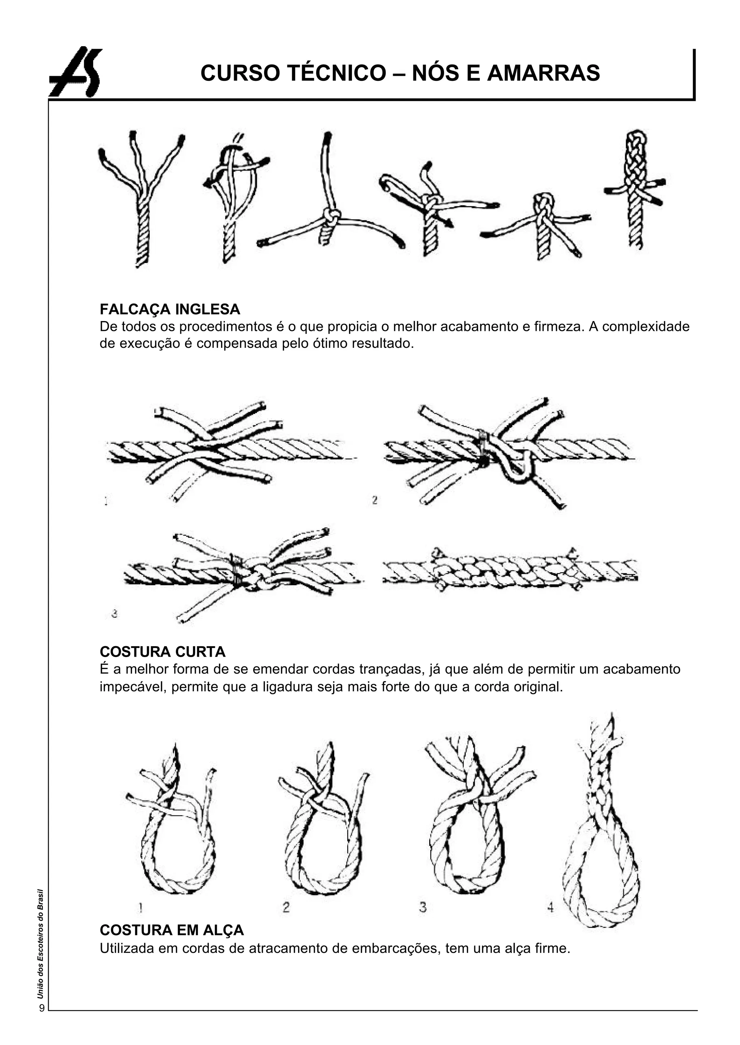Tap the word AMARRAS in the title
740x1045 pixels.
coord(543,73)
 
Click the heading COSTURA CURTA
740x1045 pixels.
coord(162,652)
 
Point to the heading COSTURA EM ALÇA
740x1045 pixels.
coord(171,930)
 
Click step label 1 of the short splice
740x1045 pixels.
coord(106,501)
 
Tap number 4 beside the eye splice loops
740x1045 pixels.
coord(550,907)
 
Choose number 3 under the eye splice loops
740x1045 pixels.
coord(423,907)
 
